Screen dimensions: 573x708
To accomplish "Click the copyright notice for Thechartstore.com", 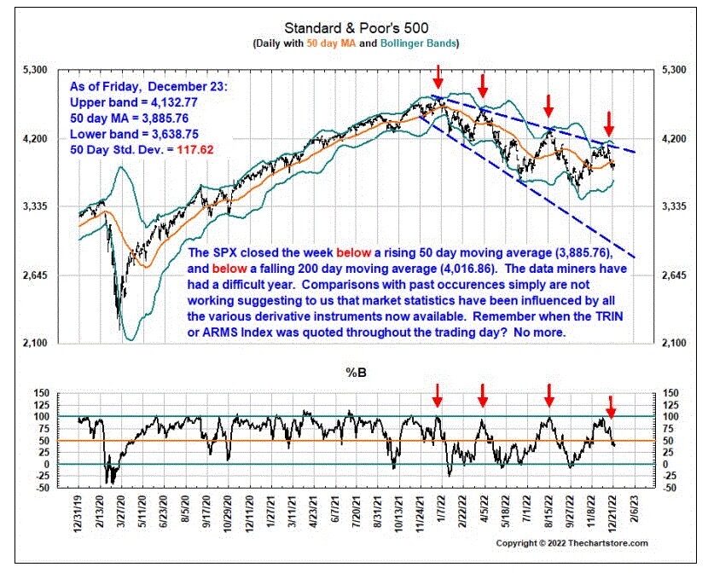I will pyautogui.click(x=571, y=543).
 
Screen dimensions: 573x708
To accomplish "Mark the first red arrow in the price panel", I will pyautogui.click(x=438, y=76).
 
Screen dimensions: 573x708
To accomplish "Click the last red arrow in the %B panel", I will pyautogui.click(x=610, y=403).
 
